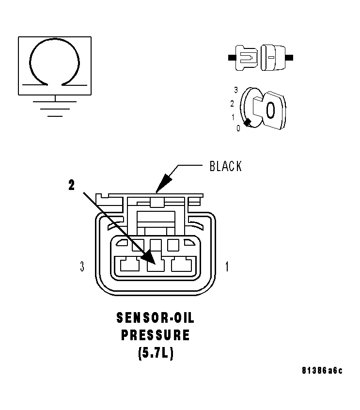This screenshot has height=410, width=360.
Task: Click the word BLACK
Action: [x=225, y=166]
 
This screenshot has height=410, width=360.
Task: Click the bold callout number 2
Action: [x=72, y=185]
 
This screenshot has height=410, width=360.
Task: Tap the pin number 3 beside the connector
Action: [x=83, y=266]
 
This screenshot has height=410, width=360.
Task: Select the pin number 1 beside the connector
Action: [x=227, y=266]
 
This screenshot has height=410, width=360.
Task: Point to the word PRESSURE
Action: [x=155, y=335]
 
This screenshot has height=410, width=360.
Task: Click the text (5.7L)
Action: [x=155, y=353]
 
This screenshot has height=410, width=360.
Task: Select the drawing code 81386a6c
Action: [x=322, y=371]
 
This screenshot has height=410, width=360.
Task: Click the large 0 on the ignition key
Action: [x=270, y=110]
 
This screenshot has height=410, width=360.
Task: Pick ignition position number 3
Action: [x=235, y=90]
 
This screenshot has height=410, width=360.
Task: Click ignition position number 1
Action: [x=233, y=117]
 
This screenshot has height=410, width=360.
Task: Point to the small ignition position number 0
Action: [x=238, y=128]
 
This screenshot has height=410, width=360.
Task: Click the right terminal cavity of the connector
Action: [x=181, y=265]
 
